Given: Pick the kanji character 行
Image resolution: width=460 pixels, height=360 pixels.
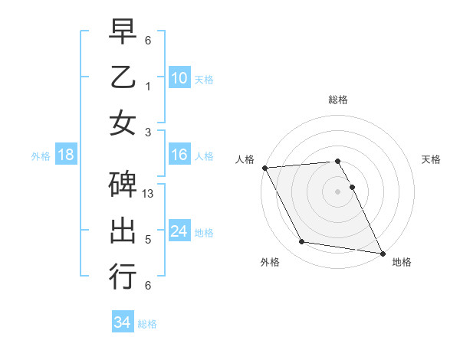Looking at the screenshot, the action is pos(123,276).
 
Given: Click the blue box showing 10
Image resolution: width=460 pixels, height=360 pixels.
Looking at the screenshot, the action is pos(179,77).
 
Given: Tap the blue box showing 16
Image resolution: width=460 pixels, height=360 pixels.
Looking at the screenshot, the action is pos(179,155).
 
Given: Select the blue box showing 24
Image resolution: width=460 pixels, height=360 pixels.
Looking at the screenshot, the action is pos(179,232).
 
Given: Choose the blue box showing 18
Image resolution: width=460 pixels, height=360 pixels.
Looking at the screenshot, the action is pos(66,155).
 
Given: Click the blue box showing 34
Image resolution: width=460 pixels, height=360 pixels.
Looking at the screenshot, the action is pos(122,322).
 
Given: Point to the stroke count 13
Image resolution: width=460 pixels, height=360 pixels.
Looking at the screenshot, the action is pos(149,194).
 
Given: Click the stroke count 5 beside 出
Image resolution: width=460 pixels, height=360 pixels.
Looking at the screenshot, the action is pos(147,240).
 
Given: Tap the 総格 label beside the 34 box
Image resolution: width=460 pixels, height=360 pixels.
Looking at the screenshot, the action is pos(147,324).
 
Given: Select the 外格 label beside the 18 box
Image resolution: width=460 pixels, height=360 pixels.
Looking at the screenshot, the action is pos(41,156).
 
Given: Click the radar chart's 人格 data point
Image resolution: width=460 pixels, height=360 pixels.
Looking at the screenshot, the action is pos(264,168).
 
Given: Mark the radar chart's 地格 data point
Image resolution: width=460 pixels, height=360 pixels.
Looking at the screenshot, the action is pos(382,253).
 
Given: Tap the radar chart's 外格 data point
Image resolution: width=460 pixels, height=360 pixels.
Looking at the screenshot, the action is pos(302,242).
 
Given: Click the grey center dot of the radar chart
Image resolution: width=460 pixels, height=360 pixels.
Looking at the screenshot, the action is pos(337,191).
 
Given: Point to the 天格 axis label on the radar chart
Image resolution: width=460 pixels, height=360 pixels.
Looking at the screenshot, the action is pos(431,159).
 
